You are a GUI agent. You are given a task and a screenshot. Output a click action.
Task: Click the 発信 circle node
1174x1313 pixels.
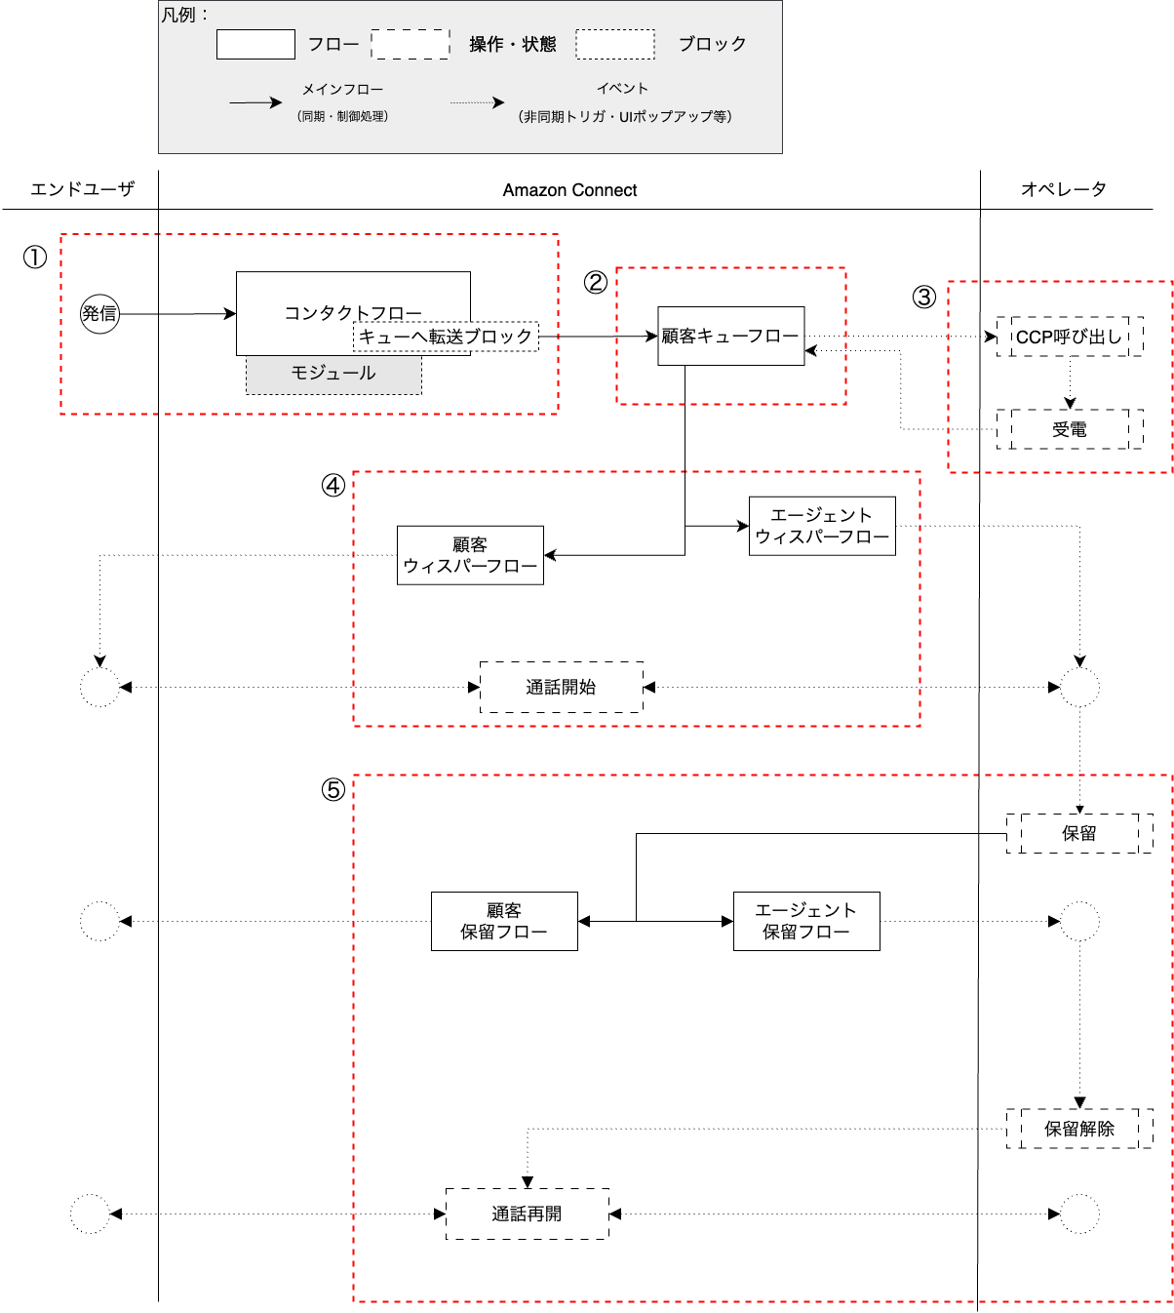pos(99,314)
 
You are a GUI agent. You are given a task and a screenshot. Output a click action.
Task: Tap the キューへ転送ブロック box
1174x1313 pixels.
pos(446,337)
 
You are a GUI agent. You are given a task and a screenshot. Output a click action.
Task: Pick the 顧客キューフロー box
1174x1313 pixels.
pos(730,337)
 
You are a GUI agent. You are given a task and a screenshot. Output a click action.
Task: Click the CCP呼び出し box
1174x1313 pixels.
pos(1070,337)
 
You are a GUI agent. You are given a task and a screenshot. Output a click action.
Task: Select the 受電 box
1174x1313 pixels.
pos(1070,429)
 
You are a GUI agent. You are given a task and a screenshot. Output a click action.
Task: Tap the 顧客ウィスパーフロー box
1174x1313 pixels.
pos(470,555)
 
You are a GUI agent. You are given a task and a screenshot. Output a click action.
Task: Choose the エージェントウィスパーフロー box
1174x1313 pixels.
pos(822,526)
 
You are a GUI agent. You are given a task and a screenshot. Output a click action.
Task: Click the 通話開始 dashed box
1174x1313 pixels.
pos(562,687)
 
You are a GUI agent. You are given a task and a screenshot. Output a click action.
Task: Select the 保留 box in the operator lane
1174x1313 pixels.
pos(1079,833)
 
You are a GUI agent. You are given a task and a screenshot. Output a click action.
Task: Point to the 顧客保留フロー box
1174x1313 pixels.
pos(504,921)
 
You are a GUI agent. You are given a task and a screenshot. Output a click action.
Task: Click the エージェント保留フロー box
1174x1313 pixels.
pos(806,921)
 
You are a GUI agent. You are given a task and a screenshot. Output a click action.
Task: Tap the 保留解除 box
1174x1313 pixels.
pos(1079,1129)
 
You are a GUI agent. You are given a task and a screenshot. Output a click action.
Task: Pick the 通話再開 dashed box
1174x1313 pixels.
pos(528,1214)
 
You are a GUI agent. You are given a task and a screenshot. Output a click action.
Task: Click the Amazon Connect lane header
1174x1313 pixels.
pos(569,190)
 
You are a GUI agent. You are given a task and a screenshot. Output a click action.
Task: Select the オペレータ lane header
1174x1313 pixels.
pos(1064,189)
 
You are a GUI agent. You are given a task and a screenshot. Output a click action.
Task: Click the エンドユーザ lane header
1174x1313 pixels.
pos(82,189)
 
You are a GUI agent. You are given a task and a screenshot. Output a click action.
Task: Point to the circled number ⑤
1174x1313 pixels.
pos(333,789)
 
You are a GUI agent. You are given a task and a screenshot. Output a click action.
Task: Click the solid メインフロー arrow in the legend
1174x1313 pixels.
pos(255,102)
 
